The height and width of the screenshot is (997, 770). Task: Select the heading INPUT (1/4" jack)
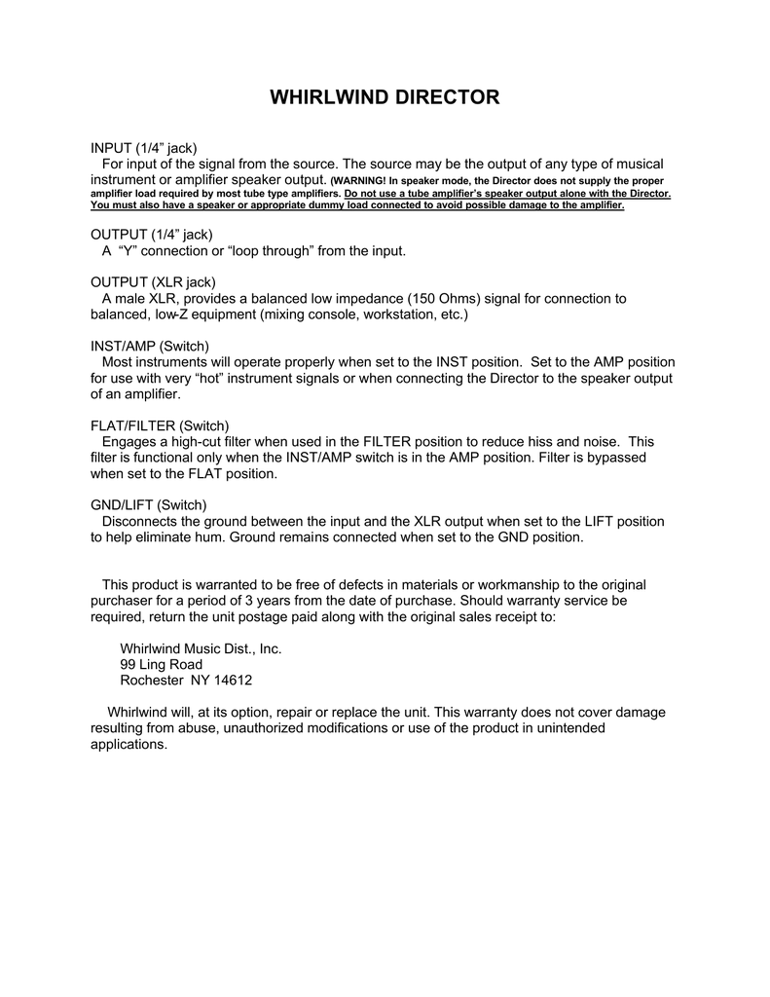[144, 148]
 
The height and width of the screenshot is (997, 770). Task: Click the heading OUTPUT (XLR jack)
[153, 282]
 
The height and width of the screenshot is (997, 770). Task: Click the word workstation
[396, 314]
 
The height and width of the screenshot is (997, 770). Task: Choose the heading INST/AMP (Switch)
[150, 347]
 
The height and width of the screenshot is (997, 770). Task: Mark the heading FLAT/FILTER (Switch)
[160, 425]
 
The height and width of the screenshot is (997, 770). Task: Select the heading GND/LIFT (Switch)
[149, 504]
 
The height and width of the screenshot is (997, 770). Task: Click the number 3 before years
[232, 601]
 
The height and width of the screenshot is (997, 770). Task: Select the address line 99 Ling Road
[161, 664]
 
